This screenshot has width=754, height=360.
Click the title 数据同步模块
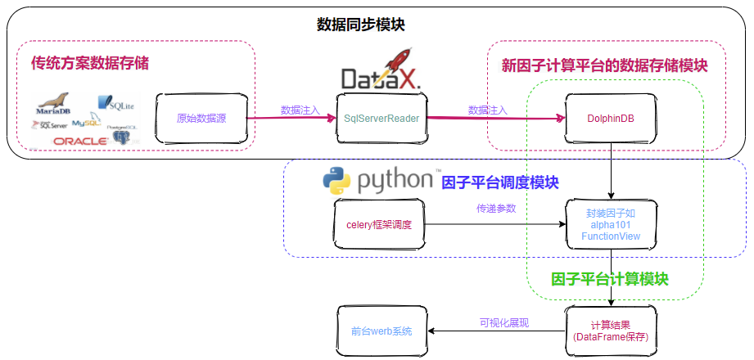point(360,25)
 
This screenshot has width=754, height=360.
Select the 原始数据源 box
point(201,119)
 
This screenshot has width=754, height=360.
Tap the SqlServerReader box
point(382,119)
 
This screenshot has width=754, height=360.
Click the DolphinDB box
point(610,119)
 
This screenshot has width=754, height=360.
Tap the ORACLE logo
point(80,141)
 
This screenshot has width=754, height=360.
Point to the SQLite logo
point(115,103)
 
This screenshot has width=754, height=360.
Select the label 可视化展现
point(503,322)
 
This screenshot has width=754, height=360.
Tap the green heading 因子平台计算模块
point(610,279)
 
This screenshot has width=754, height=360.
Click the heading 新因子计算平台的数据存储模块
point(604,65)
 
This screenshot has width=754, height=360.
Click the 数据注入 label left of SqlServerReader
point(300,110)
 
